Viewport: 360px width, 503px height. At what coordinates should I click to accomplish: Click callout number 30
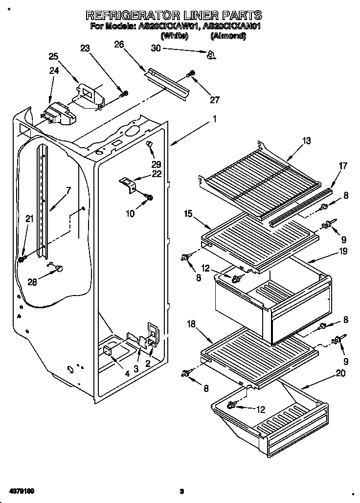click(x=156, y=48)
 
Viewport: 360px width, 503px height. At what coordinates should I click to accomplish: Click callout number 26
click(x=119, y=45)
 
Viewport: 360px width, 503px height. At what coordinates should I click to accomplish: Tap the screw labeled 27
click(x=191, y=74)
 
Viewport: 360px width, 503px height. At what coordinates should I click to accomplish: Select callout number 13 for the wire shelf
click(x=306, y=141)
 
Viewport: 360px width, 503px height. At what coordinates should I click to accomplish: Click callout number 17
click(x=342, y=166)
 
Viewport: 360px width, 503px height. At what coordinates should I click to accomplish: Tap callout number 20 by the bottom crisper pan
click(x=340, y=374)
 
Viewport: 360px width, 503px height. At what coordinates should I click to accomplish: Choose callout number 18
click(x=191, y=325)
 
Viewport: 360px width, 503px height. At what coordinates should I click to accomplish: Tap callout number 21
click(x=30, y=220)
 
